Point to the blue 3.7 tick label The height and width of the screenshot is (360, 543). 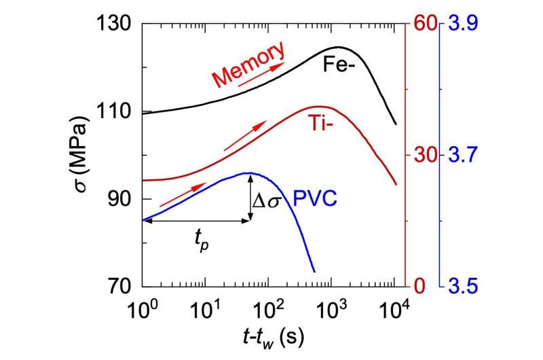[461, 156]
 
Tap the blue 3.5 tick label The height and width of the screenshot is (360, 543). [461, 287]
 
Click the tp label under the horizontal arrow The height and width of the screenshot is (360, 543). [198, 238]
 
